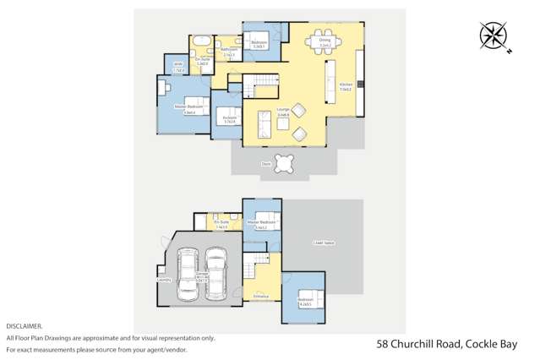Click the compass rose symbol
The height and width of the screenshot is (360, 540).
[x=492, y=36]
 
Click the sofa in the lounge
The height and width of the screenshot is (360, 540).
[x=263, y=124]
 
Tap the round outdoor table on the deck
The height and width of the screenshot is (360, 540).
[x=286, y=162]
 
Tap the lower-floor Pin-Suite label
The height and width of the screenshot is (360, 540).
[x=222, y=224]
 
